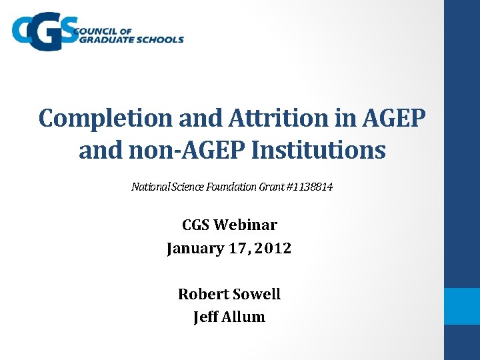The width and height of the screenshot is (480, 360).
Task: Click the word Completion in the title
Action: click(x=105, y=118)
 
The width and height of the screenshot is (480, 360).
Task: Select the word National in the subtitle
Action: click(x=150, y=187)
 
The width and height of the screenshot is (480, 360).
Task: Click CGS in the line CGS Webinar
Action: click(x=197, y=225)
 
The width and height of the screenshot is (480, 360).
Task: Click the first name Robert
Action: click(x=202, y=294)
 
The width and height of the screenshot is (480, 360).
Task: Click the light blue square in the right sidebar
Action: click(x=462, y=306)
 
